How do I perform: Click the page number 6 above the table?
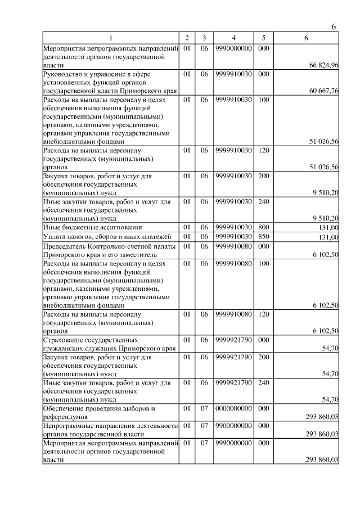334,27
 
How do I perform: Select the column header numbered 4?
233,38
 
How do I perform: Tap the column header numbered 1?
111,38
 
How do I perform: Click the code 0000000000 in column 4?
233,408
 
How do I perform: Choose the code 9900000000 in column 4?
233,427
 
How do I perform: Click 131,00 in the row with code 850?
328,237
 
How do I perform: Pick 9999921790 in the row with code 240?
233,383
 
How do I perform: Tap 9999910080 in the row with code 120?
233,313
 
